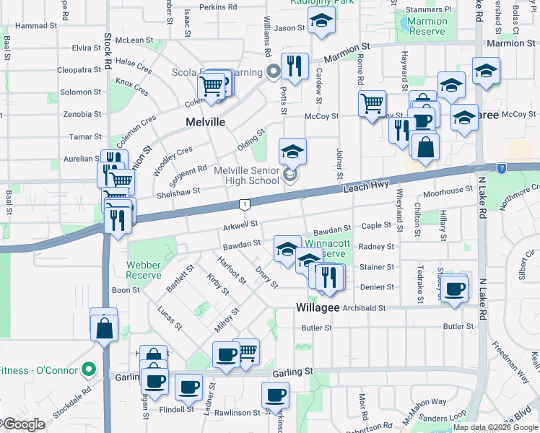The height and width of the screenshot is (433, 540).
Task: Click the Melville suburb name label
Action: coord(206,122)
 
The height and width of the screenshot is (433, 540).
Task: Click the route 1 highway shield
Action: coord(245,204)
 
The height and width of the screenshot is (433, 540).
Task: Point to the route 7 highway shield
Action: coord(500,168)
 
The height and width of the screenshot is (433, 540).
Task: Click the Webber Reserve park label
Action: coord(143,269)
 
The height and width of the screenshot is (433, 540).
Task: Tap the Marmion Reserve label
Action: coord(427,26)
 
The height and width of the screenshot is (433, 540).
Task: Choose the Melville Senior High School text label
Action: coord(247,175)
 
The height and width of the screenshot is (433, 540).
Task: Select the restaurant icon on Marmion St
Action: coord(295,66)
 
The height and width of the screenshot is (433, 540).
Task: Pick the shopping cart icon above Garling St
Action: coord(245,351)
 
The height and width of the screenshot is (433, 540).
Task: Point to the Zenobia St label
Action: coord(81,114)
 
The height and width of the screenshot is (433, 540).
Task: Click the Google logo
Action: coord(23,424)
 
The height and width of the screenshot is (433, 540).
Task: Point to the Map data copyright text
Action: coord(495,427)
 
